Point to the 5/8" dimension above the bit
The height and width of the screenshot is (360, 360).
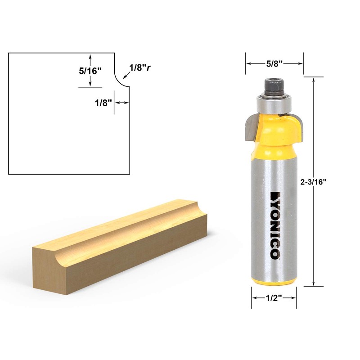point(274,63)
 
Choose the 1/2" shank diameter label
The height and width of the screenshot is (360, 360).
point(273,298)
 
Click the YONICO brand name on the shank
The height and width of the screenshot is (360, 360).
point(274,225)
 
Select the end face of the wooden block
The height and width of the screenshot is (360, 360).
point(49,266)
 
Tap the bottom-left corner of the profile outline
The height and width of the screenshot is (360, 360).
point(9,174)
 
